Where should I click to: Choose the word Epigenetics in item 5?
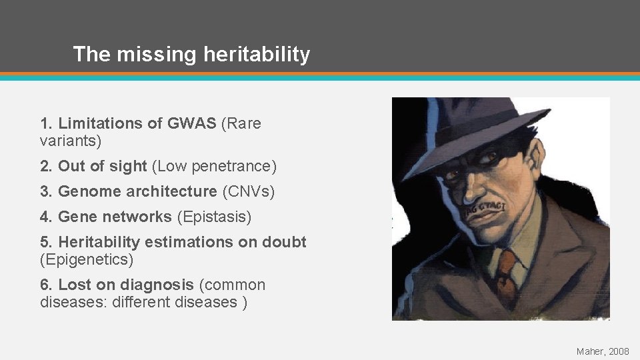pos(87,259)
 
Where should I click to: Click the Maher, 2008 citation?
pos(603,350)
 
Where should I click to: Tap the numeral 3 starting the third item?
pos(44,192)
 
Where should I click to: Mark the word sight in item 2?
pos(129,165)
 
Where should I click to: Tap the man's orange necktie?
pos(506,271)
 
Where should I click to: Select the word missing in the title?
pos(147,54)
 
